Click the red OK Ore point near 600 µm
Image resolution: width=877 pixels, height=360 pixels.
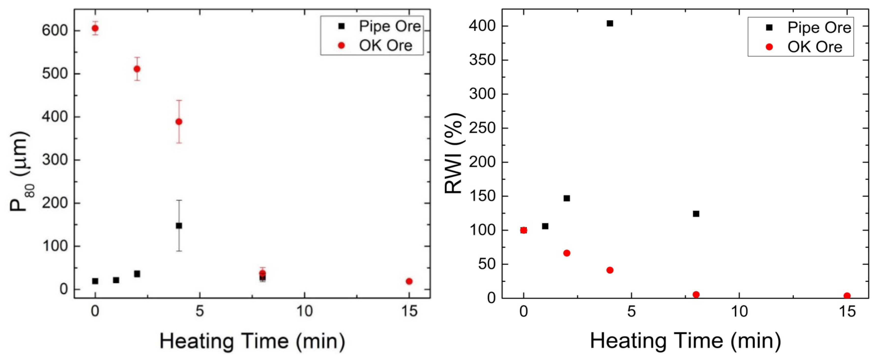pos(95,28)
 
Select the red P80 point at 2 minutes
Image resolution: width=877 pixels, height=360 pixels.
pos(137,69)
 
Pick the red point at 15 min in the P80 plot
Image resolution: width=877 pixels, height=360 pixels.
pos(409,281)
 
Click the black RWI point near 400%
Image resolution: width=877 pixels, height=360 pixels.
pos(610,23)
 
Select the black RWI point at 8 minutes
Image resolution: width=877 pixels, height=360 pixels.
pos(696,214)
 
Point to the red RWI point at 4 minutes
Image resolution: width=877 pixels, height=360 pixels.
pos(610,270)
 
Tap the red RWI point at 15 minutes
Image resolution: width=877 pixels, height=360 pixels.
pos(847,296)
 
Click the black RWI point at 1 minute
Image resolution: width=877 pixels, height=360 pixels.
pos(545,226)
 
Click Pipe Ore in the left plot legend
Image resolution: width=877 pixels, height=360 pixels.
pos(390,26)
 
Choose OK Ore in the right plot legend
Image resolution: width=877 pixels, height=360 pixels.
pos(814,47)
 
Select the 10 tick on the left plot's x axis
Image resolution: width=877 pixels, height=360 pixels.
pos(304,311)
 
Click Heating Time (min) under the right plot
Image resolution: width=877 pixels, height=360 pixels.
pos(685,341)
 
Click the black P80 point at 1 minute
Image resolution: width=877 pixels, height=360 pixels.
pos(116,280)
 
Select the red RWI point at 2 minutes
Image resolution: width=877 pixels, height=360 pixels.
pos(567,253)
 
